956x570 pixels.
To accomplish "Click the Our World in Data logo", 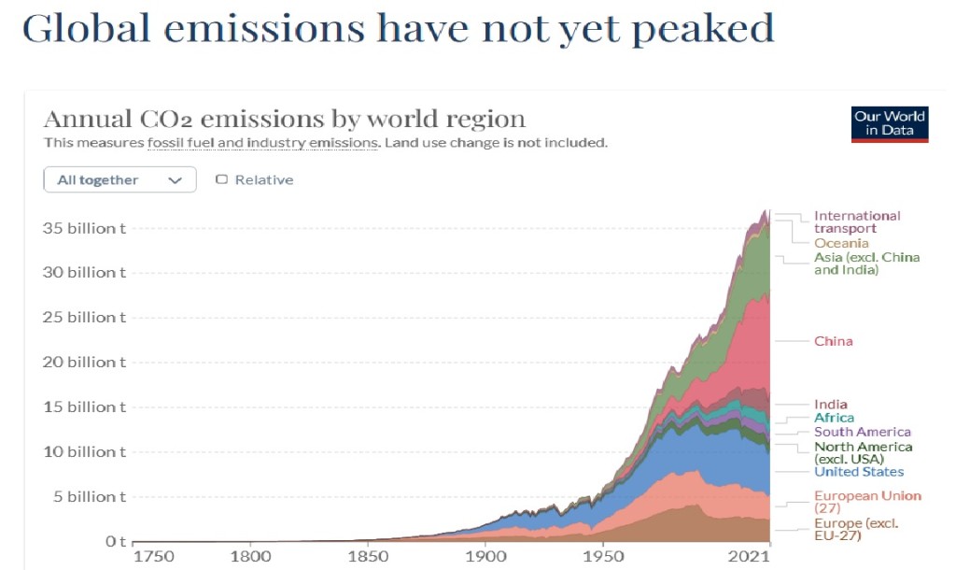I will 890,123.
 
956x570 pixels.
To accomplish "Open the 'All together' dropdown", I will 119,179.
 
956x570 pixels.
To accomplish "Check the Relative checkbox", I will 222,179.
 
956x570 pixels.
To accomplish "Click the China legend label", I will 833,341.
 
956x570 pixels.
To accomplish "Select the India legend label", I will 830,405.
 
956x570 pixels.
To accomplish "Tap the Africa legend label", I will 834,418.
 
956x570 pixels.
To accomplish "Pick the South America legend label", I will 862,432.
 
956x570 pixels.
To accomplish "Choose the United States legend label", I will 858,472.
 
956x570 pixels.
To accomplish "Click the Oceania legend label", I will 840,243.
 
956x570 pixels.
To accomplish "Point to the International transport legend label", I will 856,221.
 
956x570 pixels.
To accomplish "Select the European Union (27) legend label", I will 866,502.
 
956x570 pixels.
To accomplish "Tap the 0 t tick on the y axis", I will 114,542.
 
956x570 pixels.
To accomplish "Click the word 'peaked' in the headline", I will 702,29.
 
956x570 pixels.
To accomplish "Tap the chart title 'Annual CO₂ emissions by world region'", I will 285,120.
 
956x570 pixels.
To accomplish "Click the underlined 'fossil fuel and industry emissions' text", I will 262,143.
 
